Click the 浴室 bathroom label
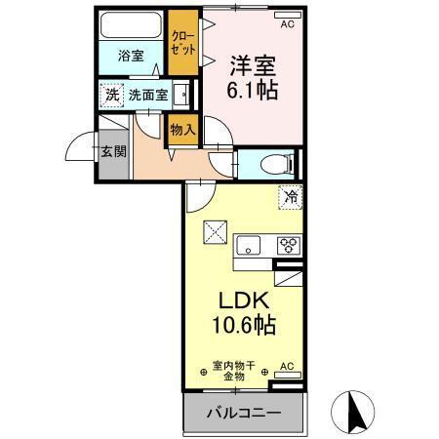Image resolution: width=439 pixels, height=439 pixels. click(131, 56)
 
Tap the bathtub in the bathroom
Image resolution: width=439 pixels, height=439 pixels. click(131, 26)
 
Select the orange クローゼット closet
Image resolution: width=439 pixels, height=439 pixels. click(181, 42)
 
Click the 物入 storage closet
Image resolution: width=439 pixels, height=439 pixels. click(182, 128)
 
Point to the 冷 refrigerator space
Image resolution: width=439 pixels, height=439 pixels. click(290, 197)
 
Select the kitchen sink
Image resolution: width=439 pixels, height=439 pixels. click(248, 245)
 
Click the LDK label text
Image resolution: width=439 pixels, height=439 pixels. click(239, 300)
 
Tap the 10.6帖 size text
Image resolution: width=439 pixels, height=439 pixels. click(241, 326)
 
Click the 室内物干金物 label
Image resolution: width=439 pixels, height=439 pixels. click(234, 370)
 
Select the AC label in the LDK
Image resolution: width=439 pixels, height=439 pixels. click(287, 368)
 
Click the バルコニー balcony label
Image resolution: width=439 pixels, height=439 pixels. click(243, 413)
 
